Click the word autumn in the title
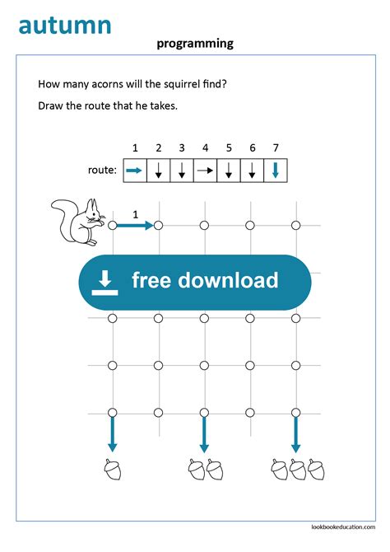pyautogui.click(x=64, y=25)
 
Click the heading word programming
pyautogui.click(x=195, y=44)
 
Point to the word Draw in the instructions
pyautogui.click(x=52, y=105)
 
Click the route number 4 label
pyautogui.click(x=205, y=148)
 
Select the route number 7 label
pyautogui.click(x=276, y=148)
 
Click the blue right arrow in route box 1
pyautogui.click(x=134, y=171)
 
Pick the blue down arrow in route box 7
pyautogui.click(x=276, y=171)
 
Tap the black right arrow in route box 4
pyautogui.click(x=205, y=171)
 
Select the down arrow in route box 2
pyautogui.click(x=158, y=171)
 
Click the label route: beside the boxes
pyautogui.click(x=102, y=171)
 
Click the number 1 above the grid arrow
pyautogui.click(x=135, y=214)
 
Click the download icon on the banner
pyautogui.click(x=104, y=282)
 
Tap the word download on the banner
pyautogui.click(x=228, y=281)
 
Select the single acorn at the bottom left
pyautogui.click(x=113, y=469)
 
